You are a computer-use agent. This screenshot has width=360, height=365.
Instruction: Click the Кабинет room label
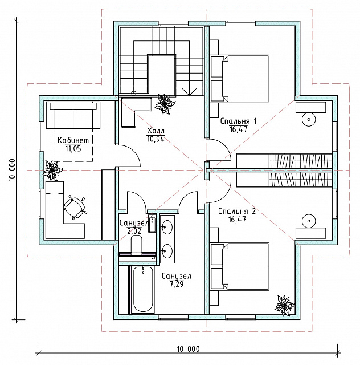[73, 140]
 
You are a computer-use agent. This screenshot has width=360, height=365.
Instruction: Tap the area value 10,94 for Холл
[156, 139]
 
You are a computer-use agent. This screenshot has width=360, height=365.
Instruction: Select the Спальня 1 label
[238, 121]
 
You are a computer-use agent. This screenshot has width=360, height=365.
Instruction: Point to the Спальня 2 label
[237, 212]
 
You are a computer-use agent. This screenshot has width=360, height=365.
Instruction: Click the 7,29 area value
[177, 284]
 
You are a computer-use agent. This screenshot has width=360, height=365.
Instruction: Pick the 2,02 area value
[134, 231]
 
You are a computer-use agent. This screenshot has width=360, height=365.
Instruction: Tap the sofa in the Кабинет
[73, 115]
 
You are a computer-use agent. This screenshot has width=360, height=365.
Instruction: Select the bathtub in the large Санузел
[143, 289]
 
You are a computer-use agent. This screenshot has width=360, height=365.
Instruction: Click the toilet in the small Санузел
[137, 245]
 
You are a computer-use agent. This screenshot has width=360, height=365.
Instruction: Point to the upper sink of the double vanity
[167, 227]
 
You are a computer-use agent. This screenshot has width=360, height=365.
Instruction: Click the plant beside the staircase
[165, 104]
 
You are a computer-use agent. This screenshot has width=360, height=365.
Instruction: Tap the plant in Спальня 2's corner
[284, 306]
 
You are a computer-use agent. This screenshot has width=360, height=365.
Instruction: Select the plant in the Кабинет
[52, 171]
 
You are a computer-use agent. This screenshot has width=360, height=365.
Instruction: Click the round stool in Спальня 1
[309, 119]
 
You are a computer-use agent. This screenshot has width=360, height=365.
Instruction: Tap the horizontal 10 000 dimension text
[188, 349]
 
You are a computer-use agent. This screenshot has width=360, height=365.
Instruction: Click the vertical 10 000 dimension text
[12, 170]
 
